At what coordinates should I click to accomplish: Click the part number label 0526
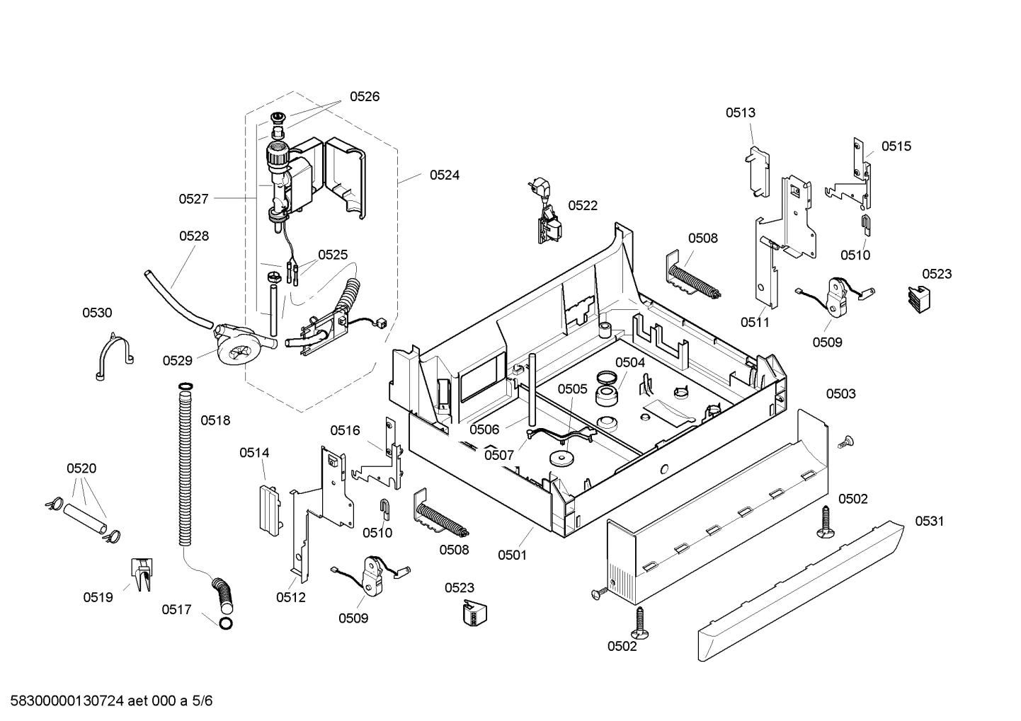tap(364, 97)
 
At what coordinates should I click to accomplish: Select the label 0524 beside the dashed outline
tap(444, 175)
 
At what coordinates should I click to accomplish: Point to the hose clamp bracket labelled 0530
tap(113, 354)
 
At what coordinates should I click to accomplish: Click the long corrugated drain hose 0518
tap(185, 467)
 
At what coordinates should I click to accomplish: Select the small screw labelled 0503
tap(843, 443)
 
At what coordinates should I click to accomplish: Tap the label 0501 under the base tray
tap(512, 555)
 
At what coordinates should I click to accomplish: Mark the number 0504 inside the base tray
tap(629, 362)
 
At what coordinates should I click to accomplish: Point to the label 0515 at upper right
tap(896, 146)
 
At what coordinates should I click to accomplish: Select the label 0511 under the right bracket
tap(755, 322)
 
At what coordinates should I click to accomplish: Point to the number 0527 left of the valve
tap(193, 199)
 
